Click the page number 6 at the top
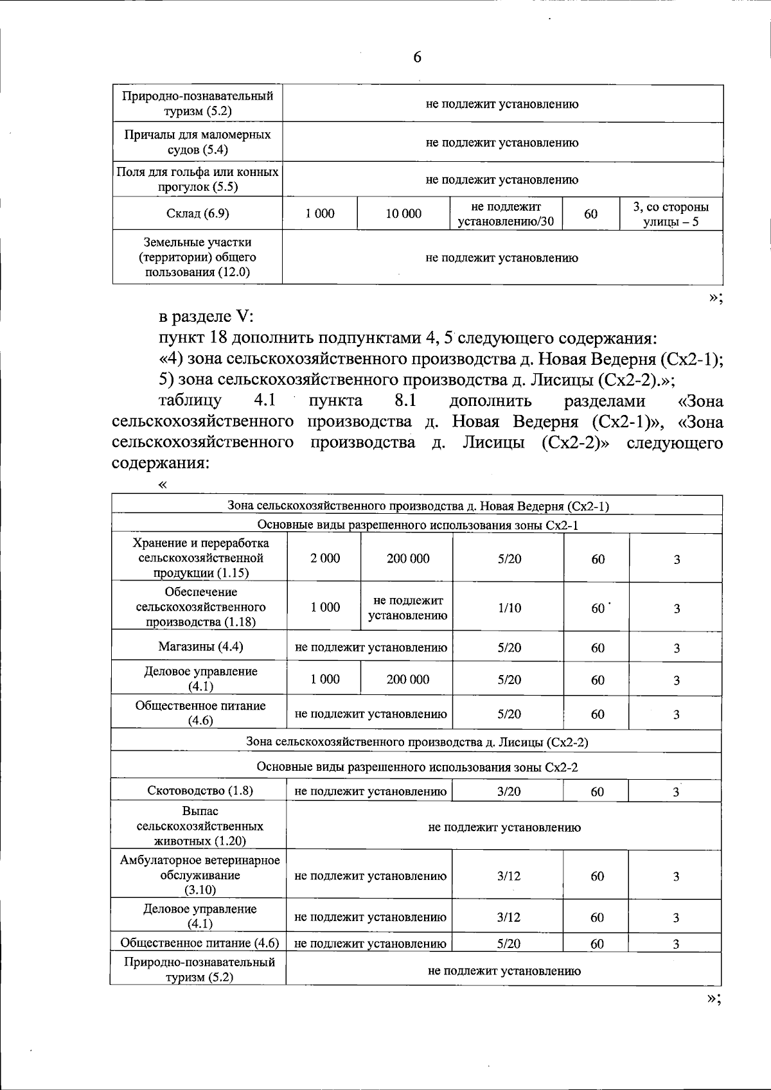[417, 57]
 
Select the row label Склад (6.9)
[197, 214]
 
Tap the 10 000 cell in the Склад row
[403, 214]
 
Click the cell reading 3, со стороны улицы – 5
[671, 215]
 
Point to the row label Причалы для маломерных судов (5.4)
[197, 142]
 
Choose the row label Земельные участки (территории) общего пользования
[197, 257]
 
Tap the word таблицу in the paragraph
[190, 401]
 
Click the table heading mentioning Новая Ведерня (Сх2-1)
[418, 505]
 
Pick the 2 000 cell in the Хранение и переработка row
[325, 558]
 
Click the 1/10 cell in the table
[509, 608]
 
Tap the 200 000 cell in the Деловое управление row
[407, 679]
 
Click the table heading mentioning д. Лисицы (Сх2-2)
[417, 742]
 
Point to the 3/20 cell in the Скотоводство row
[509, 791]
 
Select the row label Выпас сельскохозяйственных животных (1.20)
[200, 826]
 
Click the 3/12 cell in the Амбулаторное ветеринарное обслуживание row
[509, 875]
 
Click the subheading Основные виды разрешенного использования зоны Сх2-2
[417, 767]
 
